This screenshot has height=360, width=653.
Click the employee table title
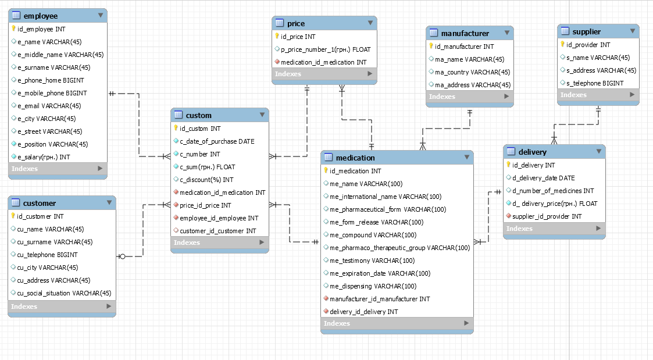point(40,16)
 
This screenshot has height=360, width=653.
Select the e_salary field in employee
point(44,157)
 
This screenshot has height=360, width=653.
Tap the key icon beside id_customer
point(13,216)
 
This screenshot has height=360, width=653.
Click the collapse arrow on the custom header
point(262,115)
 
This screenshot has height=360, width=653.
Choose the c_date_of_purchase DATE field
point(217,141)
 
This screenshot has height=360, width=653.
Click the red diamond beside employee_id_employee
point(176,218)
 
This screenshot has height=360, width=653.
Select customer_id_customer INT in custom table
point(218,231)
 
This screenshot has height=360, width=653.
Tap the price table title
point(296,23)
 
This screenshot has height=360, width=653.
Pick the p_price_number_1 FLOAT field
point(326,49)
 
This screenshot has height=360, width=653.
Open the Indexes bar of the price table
point(324,74)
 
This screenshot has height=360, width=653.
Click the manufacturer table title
point(465,33)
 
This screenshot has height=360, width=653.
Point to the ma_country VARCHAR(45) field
point(472,72)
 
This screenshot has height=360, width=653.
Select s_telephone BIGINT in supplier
point(595,83)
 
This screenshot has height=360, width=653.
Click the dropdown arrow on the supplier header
point(633,31)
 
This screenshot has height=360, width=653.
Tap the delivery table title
point(532,152)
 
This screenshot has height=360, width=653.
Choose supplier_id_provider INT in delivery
point(547,216)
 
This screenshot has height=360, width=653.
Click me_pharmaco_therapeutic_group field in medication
point(400,248)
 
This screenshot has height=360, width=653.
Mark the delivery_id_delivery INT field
point(363,312)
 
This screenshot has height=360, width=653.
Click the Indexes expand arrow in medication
point(466,323)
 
